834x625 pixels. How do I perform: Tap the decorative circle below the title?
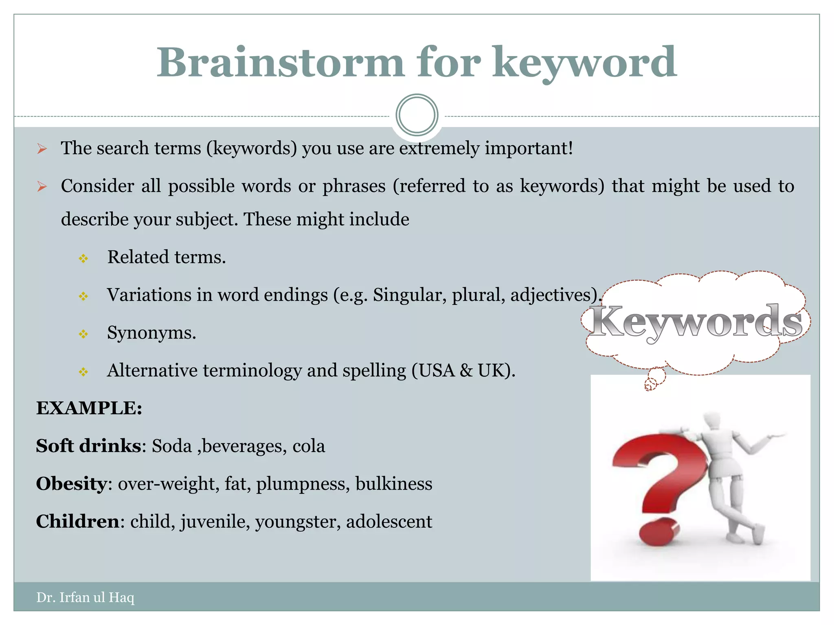[417, 115]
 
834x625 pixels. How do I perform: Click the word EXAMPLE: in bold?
[89, 408]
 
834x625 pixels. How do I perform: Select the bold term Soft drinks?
[88, 446]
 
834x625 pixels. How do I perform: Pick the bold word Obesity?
[71, 484]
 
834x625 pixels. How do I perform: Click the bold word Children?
[77, 522]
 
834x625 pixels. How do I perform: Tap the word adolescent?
[389, 522]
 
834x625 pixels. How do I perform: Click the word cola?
[309, 446]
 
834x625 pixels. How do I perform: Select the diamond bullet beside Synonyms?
[83, 334]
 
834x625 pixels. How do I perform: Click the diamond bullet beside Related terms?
[83, 258]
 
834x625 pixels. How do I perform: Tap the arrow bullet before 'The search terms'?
[42, 149]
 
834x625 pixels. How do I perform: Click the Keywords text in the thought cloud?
[696, 321]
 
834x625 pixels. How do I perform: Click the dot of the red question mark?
[658, 531]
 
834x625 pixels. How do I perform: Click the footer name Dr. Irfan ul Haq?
[85, 597]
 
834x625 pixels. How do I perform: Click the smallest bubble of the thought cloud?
[651, 384]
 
